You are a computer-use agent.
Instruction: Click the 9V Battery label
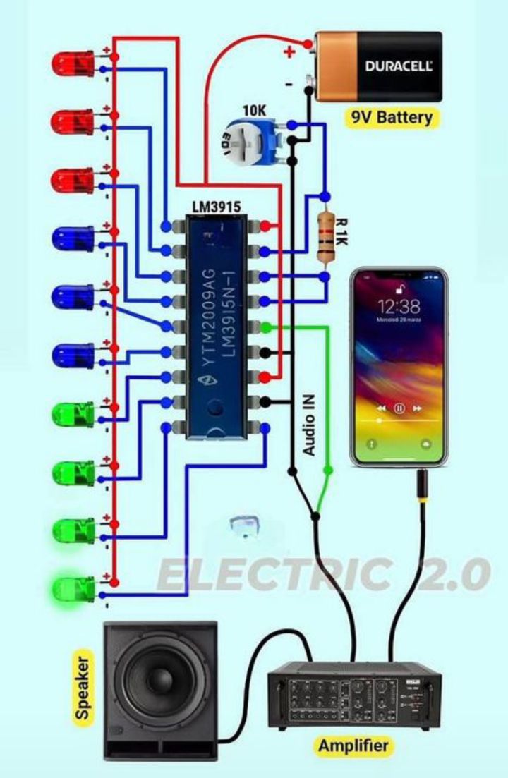[x=392, y=116]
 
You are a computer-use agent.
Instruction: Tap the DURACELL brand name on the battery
[x=399, y=67]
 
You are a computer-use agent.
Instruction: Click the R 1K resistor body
[x=325, y=237]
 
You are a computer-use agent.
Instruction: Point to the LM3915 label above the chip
[x=216, y=206]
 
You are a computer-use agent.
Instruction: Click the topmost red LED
[x=73, y=65]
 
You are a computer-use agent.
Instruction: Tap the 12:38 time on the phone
[x=399, y=306]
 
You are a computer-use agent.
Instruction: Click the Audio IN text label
[x=309, y=424]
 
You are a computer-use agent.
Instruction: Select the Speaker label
[x=83, y=688]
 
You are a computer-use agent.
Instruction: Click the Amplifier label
[x=353, y=746]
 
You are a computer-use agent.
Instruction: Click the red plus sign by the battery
[x=289, y=51]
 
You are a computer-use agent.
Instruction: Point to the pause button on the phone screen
[x=399, y=408]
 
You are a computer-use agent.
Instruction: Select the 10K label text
[x=254, y=110]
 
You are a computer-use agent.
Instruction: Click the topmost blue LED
[x=73, y=239]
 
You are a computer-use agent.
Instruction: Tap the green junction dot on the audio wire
[x=327, y=469]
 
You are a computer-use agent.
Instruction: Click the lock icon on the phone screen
[x=399, y=287]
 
